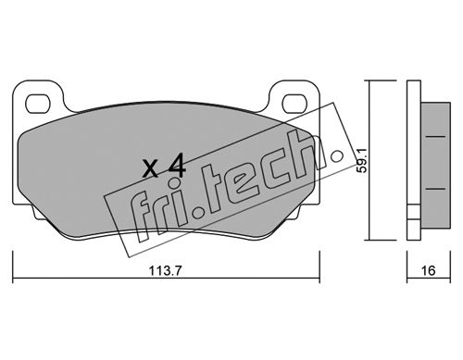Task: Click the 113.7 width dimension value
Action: [x=166, y=271]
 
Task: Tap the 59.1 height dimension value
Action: [x=362, y=160]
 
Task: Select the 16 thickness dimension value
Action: [x=428, y=270]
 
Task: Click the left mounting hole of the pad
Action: [x=38, y=104]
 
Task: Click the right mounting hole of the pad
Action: [x=294, y=104]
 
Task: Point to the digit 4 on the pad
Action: [x=176, y=166]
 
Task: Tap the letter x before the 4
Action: [x=151, y=169]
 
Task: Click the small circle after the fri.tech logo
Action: [x=337, y=156]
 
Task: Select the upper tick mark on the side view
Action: [x=435, y=136]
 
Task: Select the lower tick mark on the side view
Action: [x=435, y=189]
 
